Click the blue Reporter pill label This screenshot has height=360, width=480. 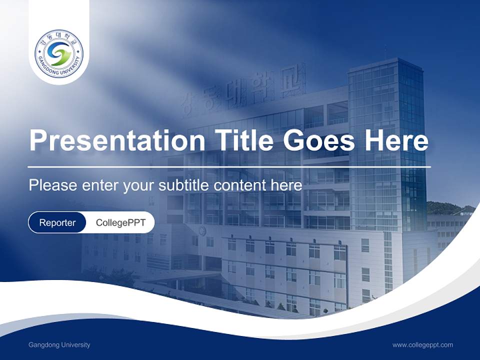pyautogui.click(x=57, y=222)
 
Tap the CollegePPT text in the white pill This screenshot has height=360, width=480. pyautogui.click(x=120, y=222)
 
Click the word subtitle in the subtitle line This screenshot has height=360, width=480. pyautogui.click(x=184, y=185)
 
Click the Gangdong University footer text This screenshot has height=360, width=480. pyautogui.click(x=59, y=344)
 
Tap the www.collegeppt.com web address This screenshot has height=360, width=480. pyautogui.click(x=422, y=344)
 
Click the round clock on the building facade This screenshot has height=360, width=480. pyautogui.click(x=202, y=230)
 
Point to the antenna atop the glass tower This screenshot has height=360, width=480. pyautogui.click(x=385, y=52)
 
